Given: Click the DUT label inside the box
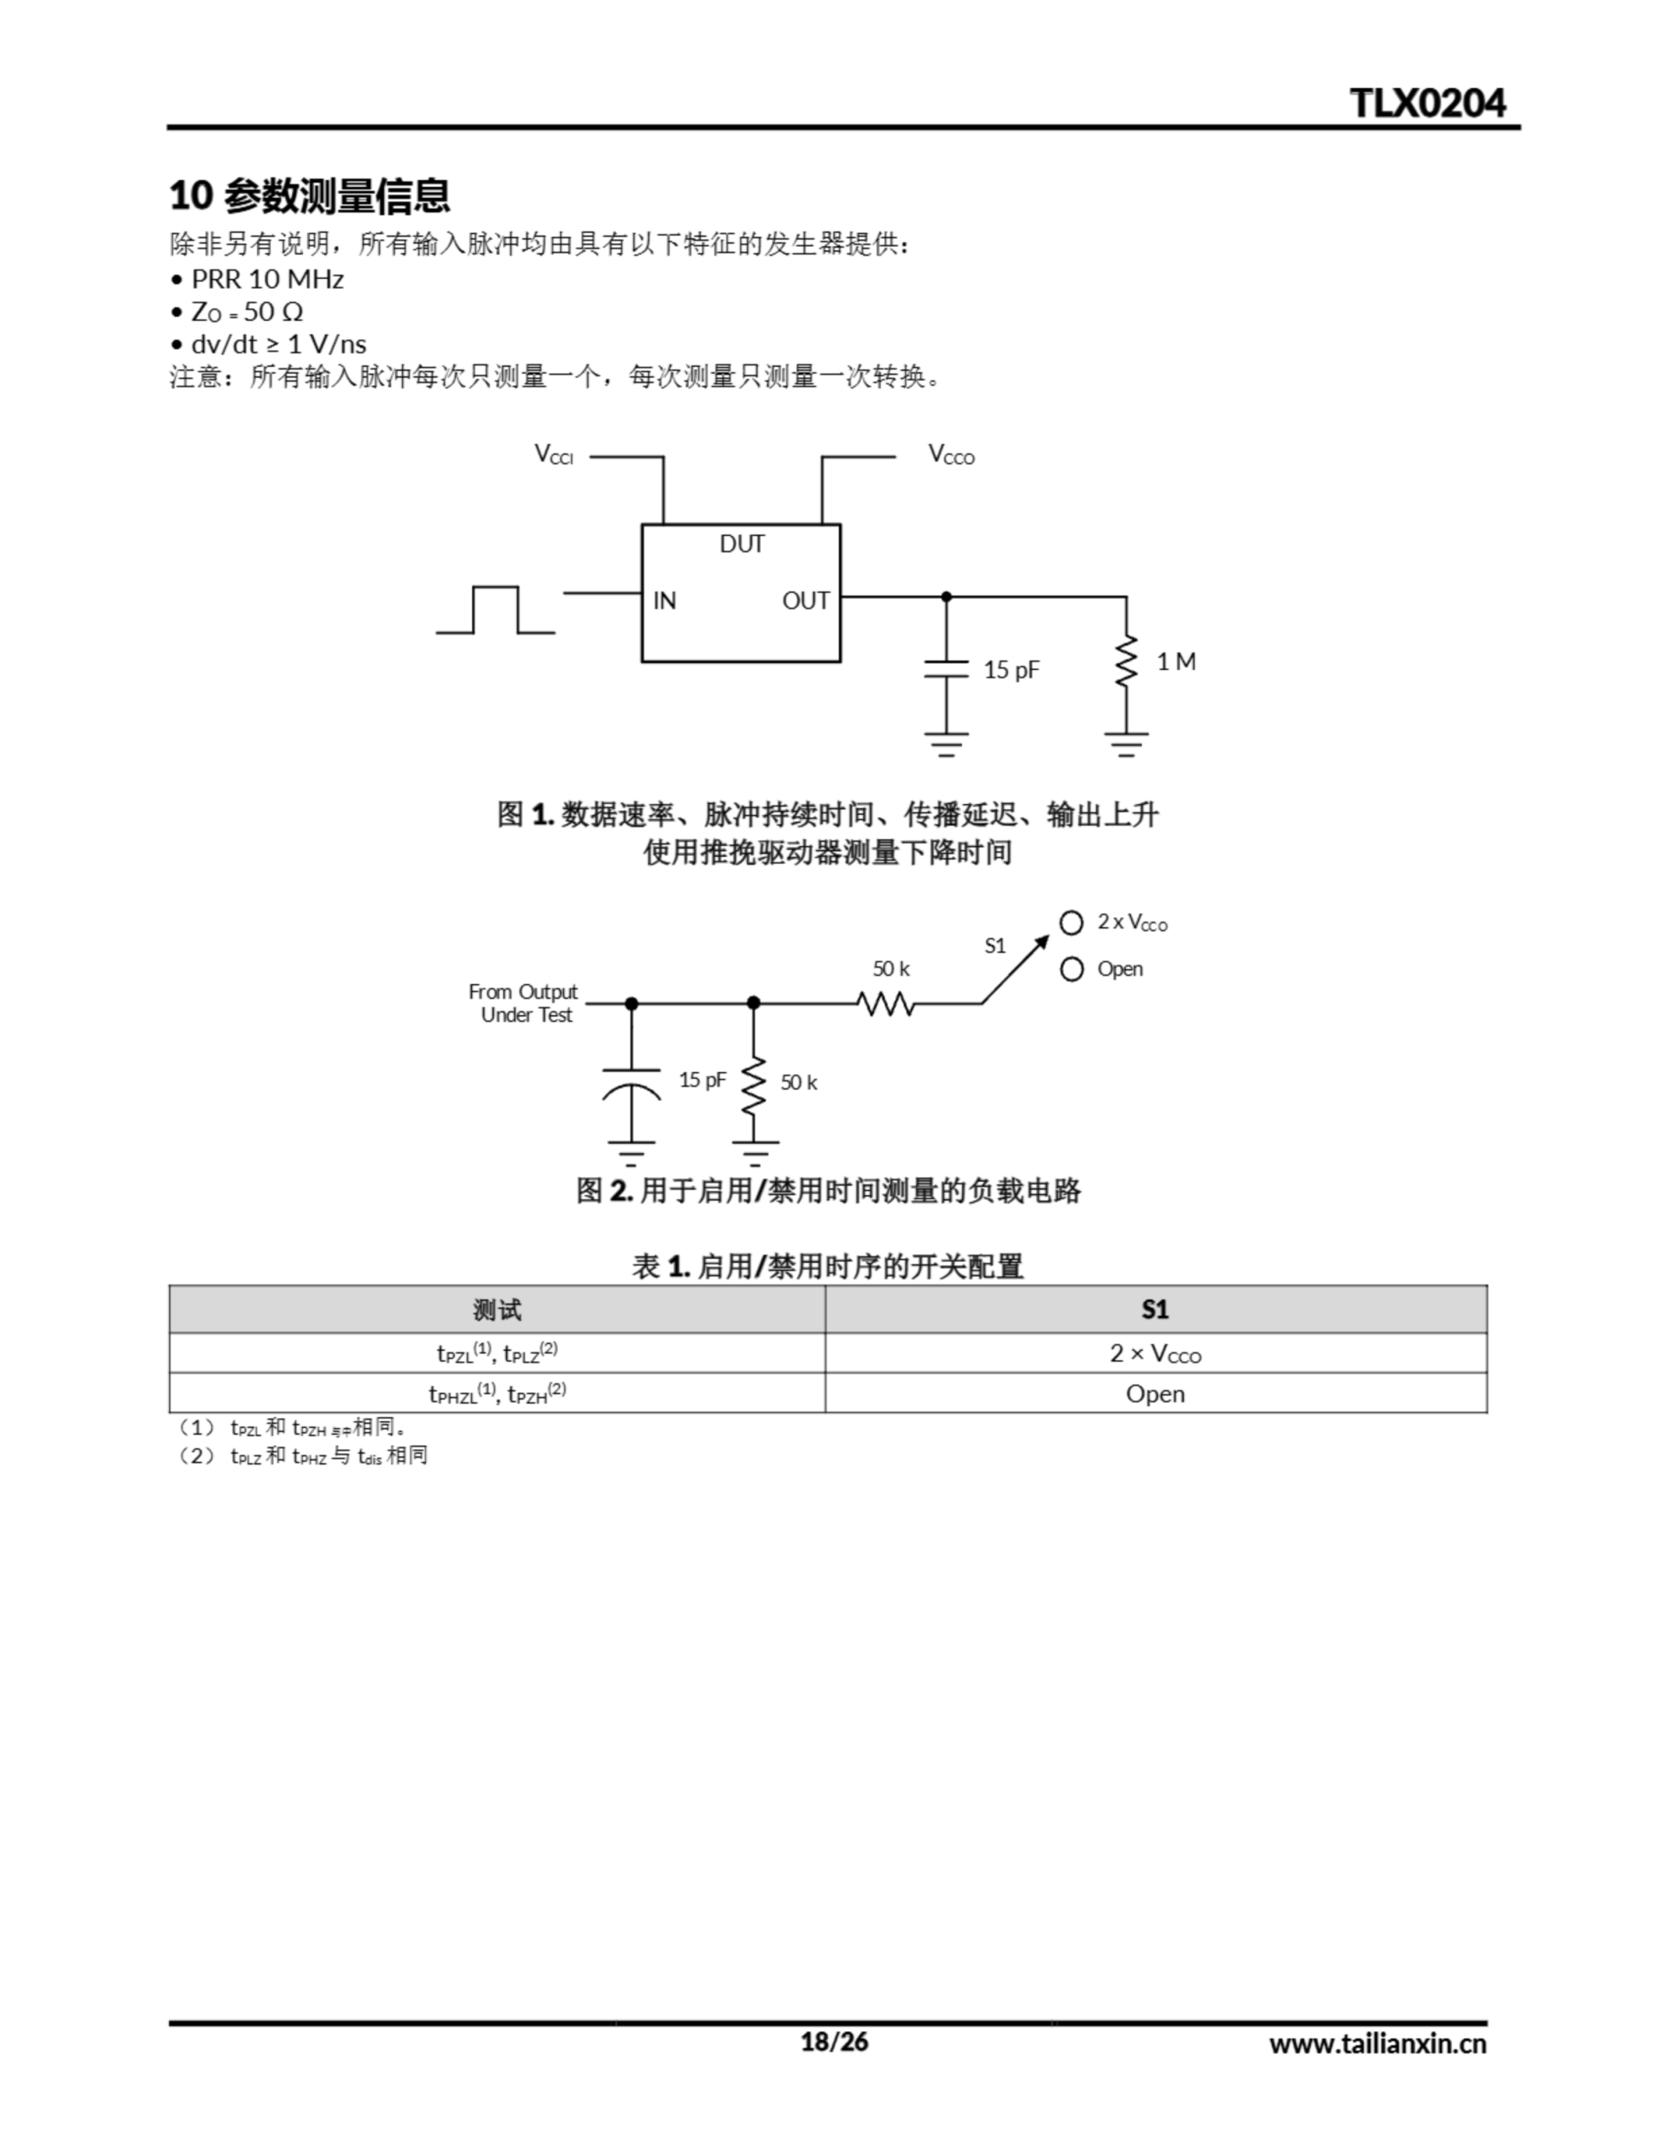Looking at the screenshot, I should (741, 544).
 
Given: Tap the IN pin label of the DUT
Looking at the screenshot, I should (665, 600).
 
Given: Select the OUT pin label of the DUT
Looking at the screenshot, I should (805, 600).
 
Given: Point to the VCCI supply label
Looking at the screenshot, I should (553, 455).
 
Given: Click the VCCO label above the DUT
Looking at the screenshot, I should (951, 455).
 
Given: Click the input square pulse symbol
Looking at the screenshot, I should (496, 610).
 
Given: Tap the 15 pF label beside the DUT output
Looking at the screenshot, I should (1011, 669).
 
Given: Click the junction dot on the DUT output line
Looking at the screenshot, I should (946, 596).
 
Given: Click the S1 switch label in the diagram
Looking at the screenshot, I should (995, 946).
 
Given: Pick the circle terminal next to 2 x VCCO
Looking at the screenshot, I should (1072, 923).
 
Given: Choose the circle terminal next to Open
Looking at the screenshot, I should (1072, 970).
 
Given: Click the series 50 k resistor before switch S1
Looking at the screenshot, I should (886, 1003).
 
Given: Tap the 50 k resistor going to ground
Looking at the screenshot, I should (753, 1085).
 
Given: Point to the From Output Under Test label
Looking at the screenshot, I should (523, 1003).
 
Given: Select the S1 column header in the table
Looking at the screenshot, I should (1155, 1310).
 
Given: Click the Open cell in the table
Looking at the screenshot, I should (1155, 1394).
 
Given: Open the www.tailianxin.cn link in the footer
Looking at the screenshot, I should (1377, 2043).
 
